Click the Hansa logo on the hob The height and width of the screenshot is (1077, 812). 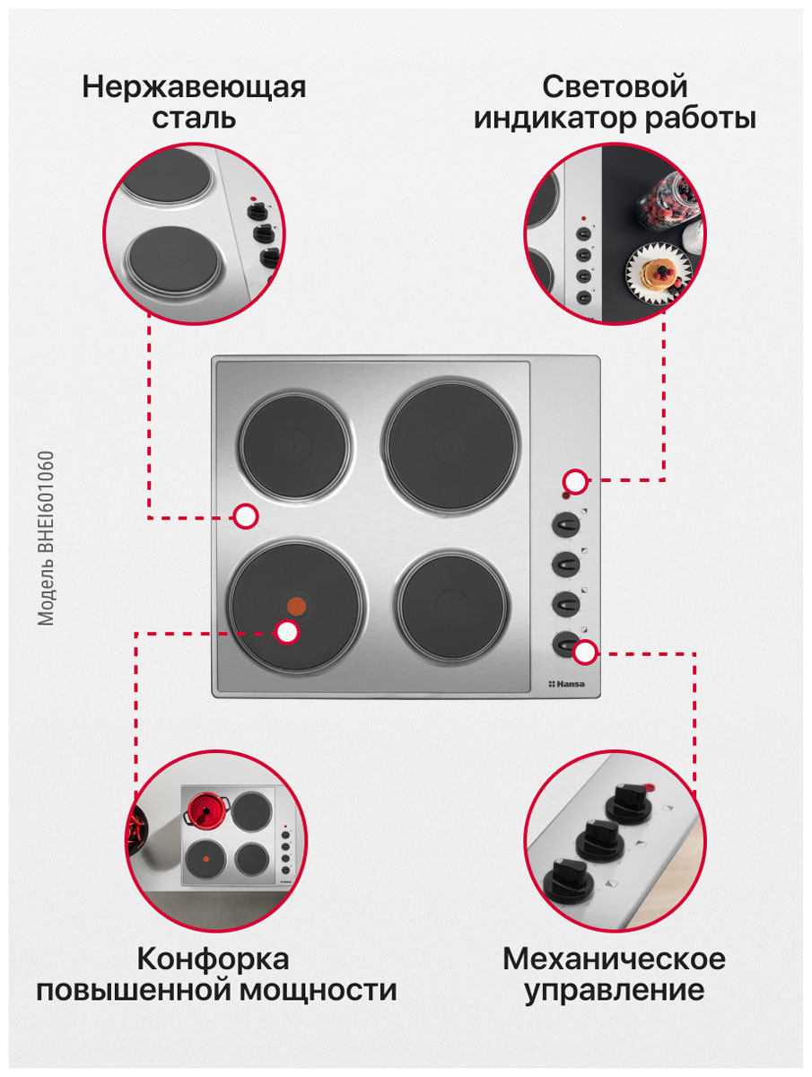[566, 684]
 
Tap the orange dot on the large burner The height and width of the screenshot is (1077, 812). [296, 607]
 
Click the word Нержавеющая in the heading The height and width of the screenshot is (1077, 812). [194, 87]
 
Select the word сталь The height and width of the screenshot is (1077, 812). [194, 118]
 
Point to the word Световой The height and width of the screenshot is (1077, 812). [615, 86]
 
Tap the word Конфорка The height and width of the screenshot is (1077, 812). [213, 959]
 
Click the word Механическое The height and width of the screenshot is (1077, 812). [615, 959]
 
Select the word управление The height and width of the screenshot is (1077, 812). [615, 991]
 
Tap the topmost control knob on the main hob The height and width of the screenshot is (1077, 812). [566, 524]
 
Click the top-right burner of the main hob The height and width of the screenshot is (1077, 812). [450, 446]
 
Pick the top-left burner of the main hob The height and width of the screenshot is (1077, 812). [294, 446]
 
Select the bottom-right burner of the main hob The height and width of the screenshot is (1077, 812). [451, 608]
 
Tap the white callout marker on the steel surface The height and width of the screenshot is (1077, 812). [246, 516]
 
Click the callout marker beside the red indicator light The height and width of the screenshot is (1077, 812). [575, 481]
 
